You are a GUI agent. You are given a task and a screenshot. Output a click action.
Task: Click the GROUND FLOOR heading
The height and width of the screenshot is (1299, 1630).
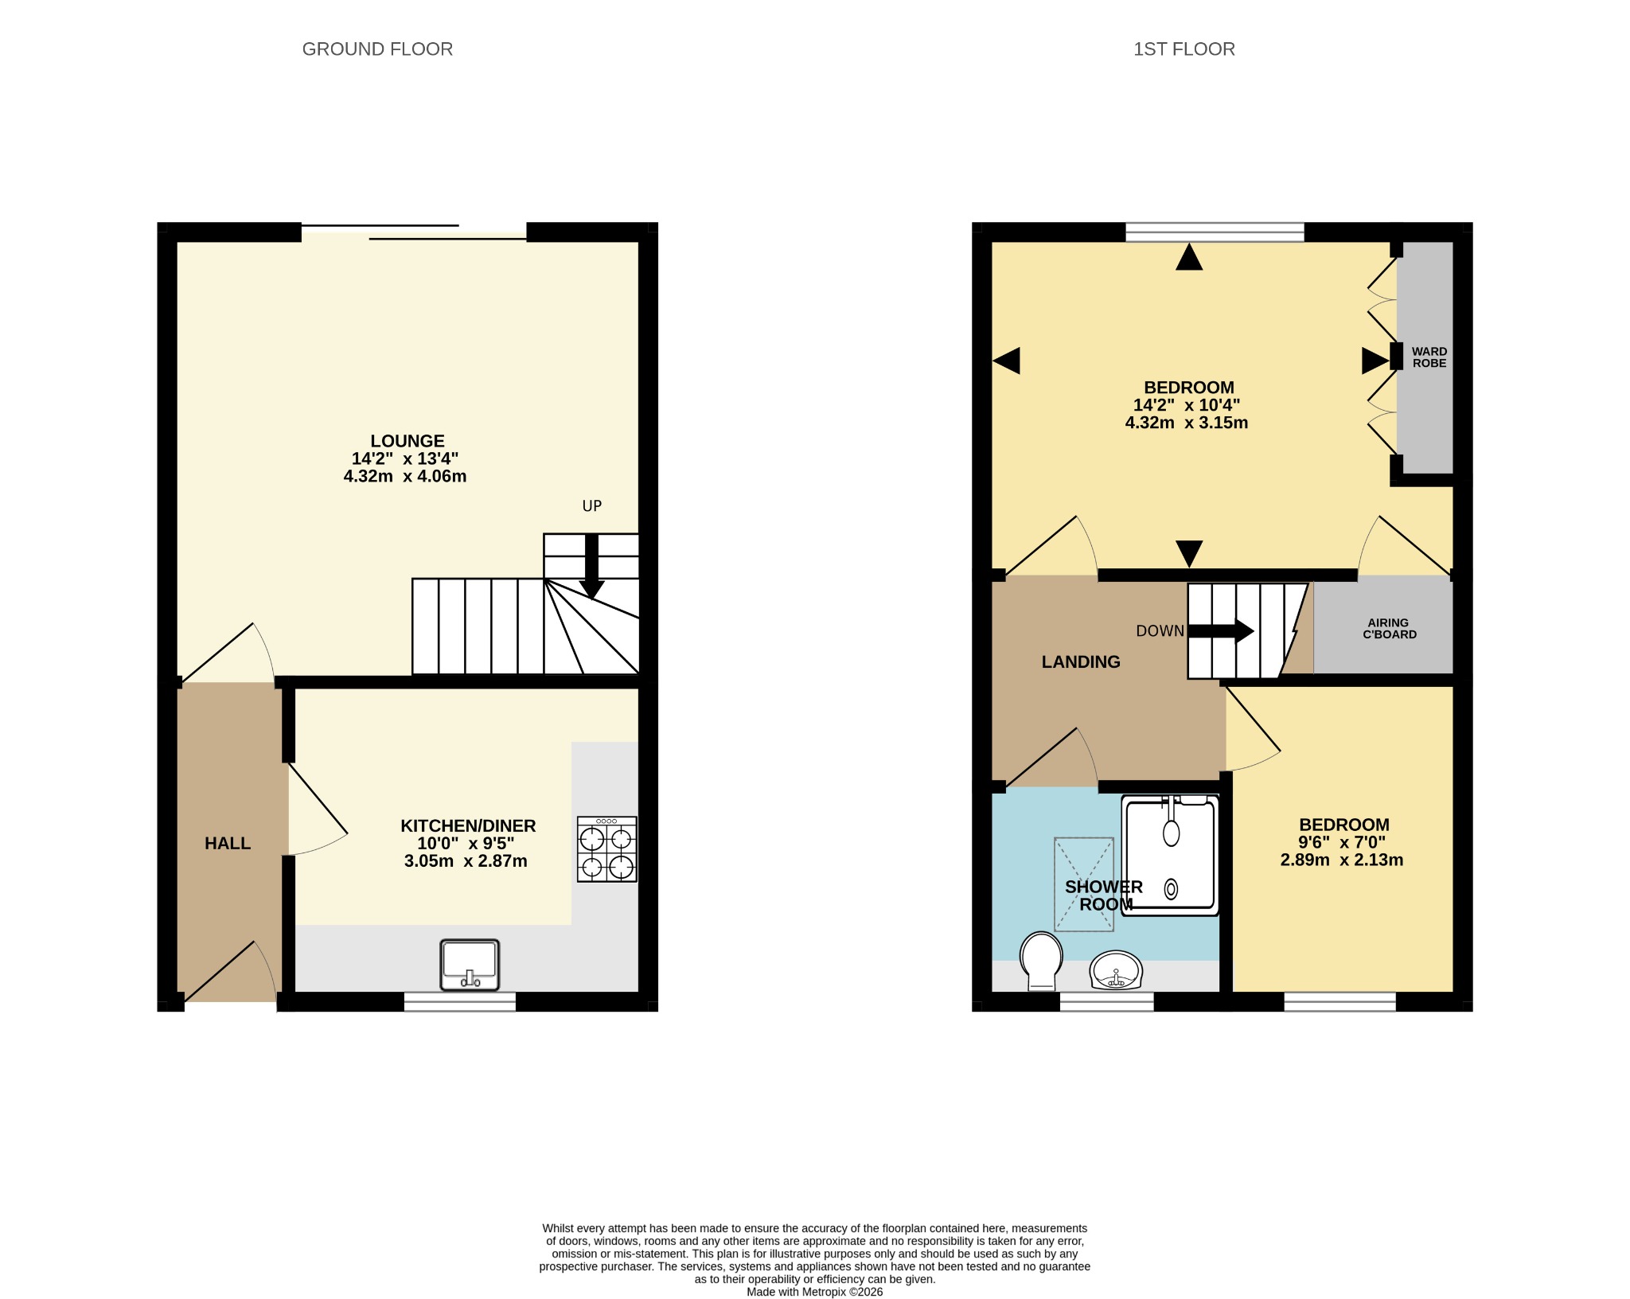click(x=377, y=49)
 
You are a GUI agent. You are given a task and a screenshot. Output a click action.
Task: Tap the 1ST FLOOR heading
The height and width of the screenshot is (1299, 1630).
click(x=1184, y=49)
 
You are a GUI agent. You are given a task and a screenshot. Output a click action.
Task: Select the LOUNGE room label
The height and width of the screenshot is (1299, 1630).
click(x=407, y=441)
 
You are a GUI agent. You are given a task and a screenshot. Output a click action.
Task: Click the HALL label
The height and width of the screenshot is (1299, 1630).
click(x=228, y=844)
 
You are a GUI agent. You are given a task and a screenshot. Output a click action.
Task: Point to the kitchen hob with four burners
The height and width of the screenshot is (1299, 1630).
click(x=607, y=849)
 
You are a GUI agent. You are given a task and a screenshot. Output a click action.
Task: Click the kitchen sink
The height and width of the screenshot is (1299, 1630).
click(x=470, y=965)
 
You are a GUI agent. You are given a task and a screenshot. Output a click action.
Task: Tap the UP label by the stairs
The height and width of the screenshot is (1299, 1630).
click(x=592, y=506)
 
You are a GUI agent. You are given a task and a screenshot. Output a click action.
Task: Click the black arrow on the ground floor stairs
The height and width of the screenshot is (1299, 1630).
click(x=591, y=566)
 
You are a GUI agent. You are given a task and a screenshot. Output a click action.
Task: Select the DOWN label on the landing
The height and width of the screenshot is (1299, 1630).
click(x=1160, y=631)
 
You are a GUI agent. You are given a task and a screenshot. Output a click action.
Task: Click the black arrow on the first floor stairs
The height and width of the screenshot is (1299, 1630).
click(x=1221, y=631)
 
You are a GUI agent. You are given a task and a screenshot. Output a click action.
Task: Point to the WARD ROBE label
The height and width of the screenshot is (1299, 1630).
click(x=1429, y=357)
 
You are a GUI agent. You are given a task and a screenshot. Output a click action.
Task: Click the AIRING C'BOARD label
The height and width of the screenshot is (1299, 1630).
click(x=1389, y=629)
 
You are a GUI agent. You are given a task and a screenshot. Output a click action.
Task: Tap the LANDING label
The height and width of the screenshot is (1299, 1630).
click(x=1081, y=662)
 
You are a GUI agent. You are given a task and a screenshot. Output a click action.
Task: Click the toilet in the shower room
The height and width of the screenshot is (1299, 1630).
click(x=1042, y=961)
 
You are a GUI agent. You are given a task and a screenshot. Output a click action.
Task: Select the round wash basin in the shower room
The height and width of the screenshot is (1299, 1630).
click(x=1117, y=970)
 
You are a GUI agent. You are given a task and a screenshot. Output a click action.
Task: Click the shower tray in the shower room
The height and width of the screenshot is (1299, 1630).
click(x=1170, y=856)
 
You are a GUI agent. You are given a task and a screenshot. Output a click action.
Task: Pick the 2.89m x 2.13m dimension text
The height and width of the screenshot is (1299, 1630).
click(x=1342, y=860)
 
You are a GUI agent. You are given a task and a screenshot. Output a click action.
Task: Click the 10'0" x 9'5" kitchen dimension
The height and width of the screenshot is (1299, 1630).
click(x=466, y=844)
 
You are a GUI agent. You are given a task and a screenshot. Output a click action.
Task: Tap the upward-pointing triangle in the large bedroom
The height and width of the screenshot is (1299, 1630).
click(x=1189, y=257)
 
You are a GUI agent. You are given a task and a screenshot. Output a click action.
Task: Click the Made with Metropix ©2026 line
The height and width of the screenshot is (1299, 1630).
click(x=815, y=1292)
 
